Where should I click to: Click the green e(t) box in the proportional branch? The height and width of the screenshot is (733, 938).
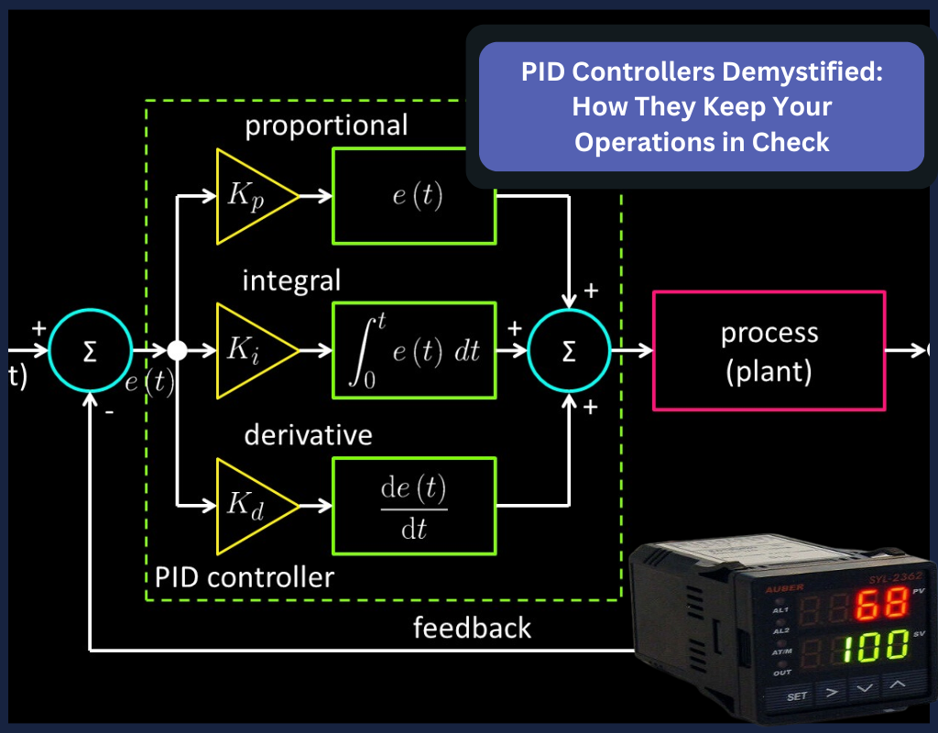(x=415, y=197)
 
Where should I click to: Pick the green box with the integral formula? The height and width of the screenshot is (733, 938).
(x=415, y=350)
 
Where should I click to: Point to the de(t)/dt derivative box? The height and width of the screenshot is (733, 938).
(x=415, y=505)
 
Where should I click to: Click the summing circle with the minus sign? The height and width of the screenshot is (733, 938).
(x=90, y=350)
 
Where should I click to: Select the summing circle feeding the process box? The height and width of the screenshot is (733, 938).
(x=569, y=350)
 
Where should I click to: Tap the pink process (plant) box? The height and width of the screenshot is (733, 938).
(x=769, y=350)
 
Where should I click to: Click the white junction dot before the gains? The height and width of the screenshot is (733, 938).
(x=177, y=350)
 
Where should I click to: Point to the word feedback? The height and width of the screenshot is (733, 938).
(x=472, y=628)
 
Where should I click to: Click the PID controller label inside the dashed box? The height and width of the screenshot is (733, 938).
(x=245, y=577)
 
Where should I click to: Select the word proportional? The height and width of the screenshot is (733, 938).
(x=326, y=126)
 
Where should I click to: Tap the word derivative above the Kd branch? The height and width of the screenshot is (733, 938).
(x=308, y=434)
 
